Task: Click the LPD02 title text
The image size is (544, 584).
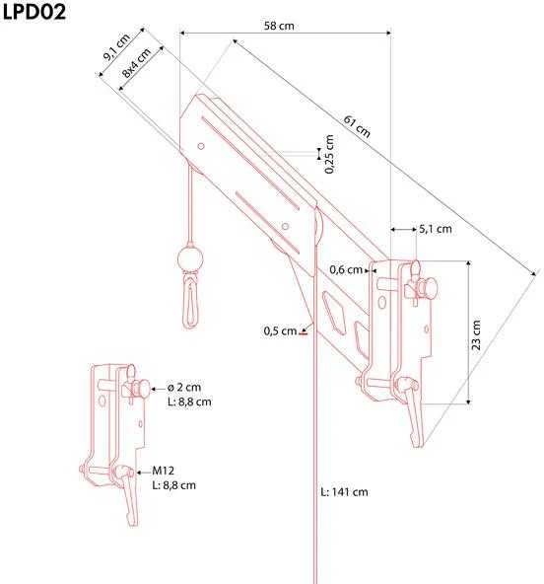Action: coord(34,11)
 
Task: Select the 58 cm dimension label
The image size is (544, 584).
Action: coord(279,26)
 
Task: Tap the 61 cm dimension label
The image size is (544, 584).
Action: coord(357,126)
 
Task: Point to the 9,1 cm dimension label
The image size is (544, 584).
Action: coord(116,46)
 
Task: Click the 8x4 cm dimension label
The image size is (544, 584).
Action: coord(137,62)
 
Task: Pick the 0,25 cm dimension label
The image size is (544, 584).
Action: coord(329,154)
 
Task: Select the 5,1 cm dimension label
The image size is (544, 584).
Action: coord(436,229)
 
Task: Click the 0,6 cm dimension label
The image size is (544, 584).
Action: coord(346,269)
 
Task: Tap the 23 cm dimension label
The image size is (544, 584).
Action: coord(476,334)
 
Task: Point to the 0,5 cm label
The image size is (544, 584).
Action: coord(280,330)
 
